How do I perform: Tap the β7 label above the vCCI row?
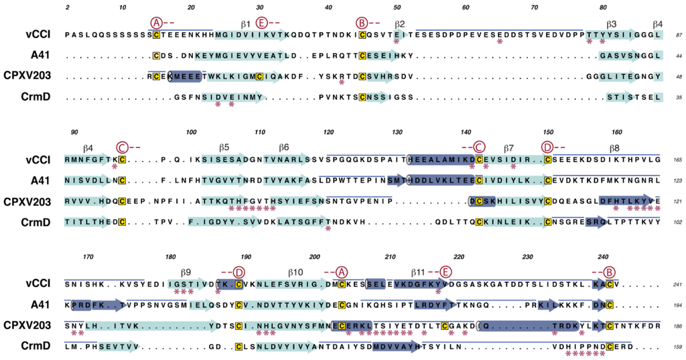pyautogui.click(x=508, y=147)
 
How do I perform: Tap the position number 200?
pyautogui.click(x=315, y=257)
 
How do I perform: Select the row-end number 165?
pyautogui.click(x=676, y=161)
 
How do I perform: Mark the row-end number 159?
pyautogui.click(x=676, y=347)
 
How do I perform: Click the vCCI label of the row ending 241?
pyautogui.click(x=37, y=284)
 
